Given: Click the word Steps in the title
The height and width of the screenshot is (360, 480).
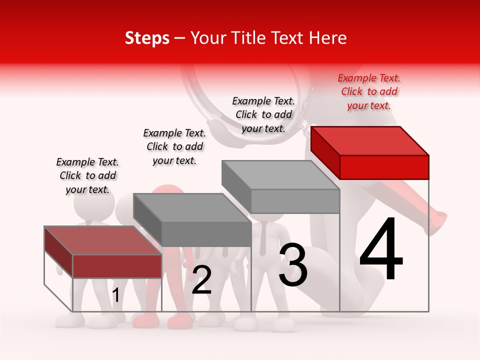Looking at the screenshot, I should [147, 38].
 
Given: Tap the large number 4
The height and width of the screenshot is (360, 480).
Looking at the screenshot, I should [381, 249].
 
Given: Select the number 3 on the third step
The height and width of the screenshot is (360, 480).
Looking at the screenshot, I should [293, 265].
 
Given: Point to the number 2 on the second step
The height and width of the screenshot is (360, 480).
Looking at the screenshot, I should [201, 279].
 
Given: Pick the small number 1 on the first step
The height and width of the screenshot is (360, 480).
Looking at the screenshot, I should [115, 295].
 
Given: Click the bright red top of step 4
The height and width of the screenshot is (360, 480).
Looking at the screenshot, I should [370, 140].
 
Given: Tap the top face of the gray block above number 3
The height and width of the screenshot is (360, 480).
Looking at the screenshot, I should [280, 175].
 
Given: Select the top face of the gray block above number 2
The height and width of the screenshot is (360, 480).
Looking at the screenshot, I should [192, 207].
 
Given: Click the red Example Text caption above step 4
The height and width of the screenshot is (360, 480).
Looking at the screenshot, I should [369, 92].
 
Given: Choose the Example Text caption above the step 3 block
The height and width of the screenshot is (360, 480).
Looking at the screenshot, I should [263, 114].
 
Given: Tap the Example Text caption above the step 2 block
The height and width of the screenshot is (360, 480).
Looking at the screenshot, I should [174, 146].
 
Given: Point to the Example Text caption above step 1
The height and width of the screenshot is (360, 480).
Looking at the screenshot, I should [87, 175].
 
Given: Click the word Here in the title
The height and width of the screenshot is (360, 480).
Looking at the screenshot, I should [327, 38].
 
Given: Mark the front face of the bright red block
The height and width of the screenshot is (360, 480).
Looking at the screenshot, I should [384, 167].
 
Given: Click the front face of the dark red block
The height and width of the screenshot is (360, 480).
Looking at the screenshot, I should [117, 266].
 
